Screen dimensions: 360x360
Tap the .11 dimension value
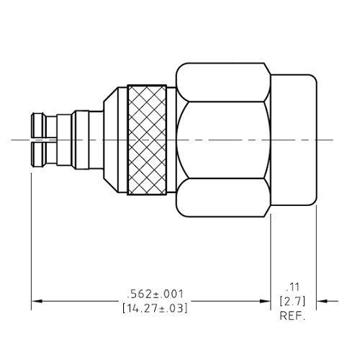click(x=292, y=284)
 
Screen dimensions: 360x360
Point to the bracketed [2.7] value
click(x=292, y=300)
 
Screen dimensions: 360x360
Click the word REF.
click(x=293, y=315)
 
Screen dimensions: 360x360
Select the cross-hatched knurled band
click(x=150, y=140)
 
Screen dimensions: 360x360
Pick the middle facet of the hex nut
click(x=223, y=140)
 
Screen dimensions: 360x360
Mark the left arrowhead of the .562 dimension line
click(x=37, y=302)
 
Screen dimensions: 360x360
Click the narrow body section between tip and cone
click(x=81, y=140)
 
